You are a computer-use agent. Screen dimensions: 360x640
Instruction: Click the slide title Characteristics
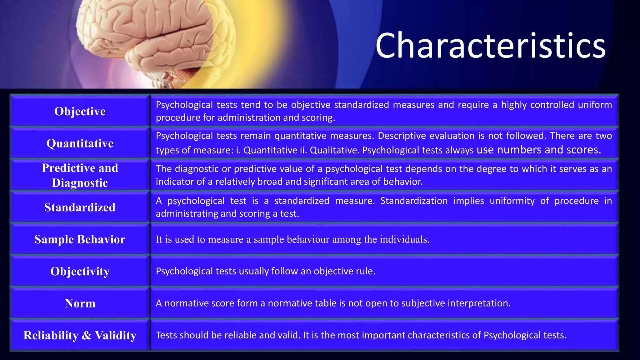coord(490,46)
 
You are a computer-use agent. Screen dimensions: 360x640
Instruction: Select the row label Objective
coord(80,111)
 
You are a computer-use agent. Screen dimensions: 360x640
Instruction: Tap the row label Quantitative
coord(80,143)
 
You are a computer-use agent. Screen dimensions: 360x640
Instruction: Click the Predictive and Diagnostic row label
coord(80,175)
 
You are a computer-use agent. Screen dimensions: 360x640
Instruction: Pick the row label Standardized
coord(80,207)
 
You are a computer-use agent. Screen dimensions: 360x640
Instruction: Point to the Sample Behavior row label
coord(80,239)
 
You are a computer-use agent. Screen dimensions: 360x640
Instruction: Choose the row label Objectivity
coord(80,271)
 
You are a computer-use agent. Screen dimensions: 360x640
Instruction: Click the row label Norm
coord(80,303)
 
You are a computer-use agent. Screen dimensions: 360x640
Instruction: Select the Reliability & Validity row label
coord(80,335)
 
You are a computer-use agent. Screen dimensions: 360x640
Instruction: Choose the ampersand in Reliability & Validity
coord(87,335)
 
